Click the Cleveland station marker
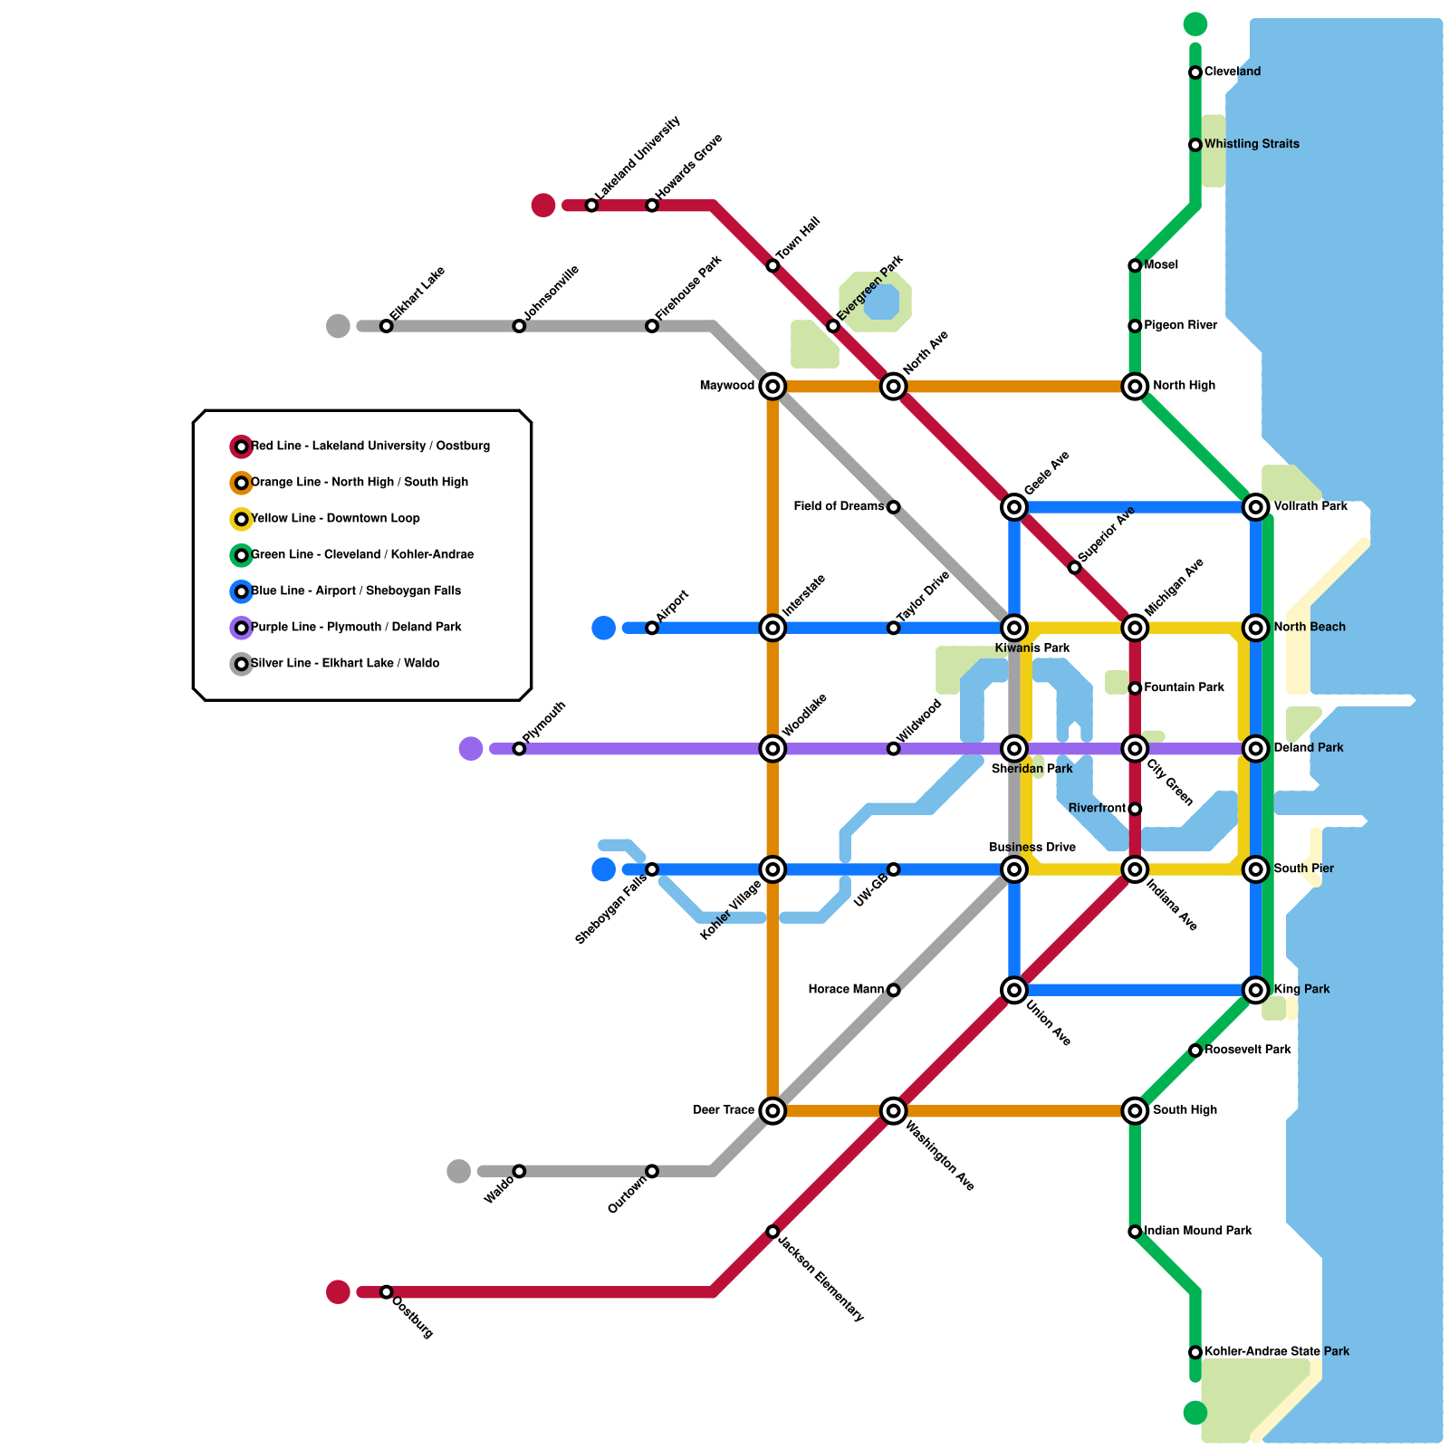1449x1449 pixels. tap(1195, 72)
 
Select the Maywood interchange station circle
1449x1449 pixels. tap(772, 387)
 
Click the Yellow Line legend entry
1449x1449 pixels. tap(335, 519)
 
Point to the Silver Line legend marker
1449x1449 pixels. tap(241, 664)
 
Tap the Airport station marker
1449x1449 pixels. tap(652, 628)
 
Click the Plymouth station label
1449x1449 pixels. tap(544, 723)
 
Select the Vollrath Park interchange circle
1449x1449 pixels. tap(1255, 507)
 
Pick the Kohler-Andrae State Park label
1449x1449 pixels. tap(1276, 1351)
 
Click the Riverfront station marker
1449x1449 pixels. tap(1135, 809)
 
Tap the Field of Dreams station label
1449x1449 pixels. tap(839, 506)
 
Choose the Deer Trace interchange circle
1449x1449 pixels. tap(772, 1110)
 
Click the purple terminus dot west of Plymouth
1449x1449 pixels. tap(471, 749)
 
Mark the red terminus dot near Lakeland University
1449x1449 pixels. tap(543, 206)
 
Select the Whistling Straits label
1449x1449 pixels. tap(1252, 144)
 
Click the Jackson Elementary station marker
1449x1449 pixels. tap(772, 1232)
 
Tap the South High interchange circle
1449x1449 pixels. tap(1135, 1110)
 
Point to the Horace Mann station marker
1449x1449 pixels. tap(893, 990)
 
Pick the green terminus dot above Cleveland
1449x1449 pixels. tap(1195, 24)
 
